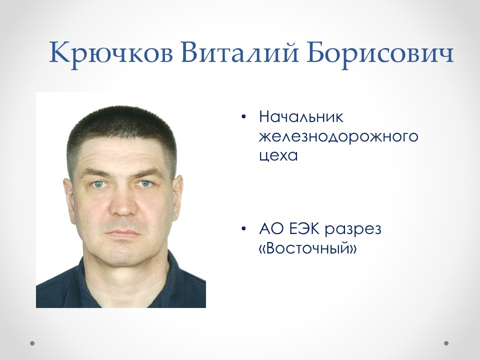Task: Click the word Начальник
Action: coord(301,118)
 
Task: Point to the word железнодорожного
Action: coord(338,137)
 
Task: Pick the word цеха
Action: coord(278,155)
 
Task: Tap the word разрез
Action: coord(353,230)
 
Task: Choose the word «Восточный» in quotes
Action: coord(308,248)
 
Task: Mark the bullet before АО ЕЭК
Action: coord(243,229)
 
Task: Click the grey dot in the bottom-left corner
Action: coord(32,343)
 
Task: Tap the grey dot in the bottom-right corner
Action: coord(446,343)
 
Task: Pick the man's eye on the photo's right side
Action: coord(145,184)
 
